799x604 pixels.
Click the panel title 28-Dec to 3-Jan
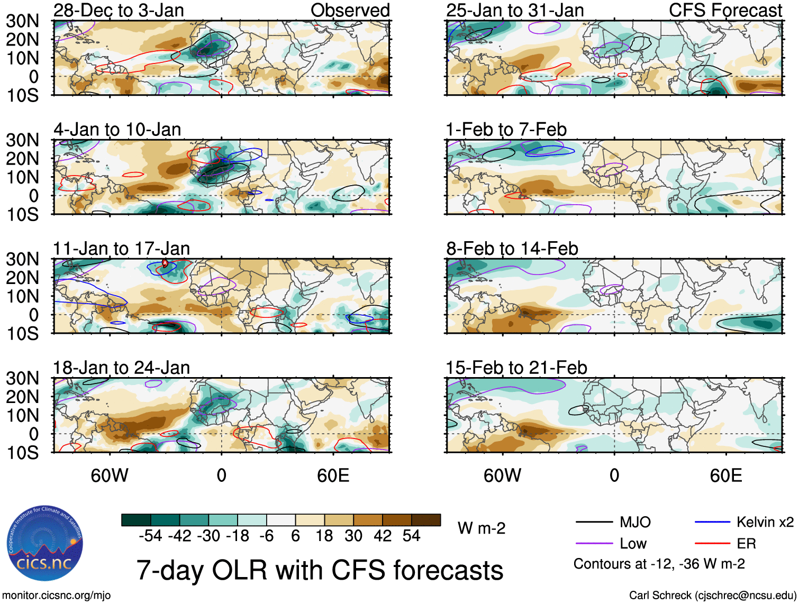click(x=119, y=10)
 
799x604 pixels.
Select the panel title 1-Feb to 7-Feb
click(x=506, y=129)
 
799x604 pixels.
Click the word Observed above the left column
click(x=350, y=10)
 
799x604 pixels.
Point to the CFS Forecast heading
click(x=725, y=10)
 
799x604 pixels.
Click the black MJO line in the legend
click(x=594, y=523)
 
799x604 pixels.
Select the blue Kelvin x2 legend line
click(x=712, y=523)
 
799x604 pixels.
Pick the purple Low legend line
click(x=594, y=544)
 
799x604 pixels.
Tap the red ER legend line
click(x=712, y=544)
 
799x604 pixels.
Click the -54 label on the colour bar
click(x=150, y=536)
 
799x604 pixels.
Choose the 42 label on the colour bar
click(x=383, y=536)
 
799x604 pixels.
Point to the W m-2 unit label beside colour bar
click(x=482, y=528)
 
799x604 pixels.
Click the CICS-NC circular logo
click(x=45, y=543)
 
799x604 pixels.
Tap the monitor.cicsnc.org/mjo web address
click(x=57, y=595)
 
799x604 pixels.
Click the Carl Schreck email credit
click(x=712, y=595)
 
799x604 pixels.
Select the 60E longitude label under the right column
click(x=725, y=475)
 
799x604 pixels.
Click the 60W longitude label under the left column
click(x=110, y=475)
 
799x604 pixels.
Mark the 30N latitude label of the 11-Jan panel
click(x=22, y=259)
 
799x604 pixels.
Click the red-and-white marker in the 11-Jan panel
click(x=165, y=263)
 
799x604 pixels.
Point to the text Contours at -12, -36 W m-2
click(x=659, y=564)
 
